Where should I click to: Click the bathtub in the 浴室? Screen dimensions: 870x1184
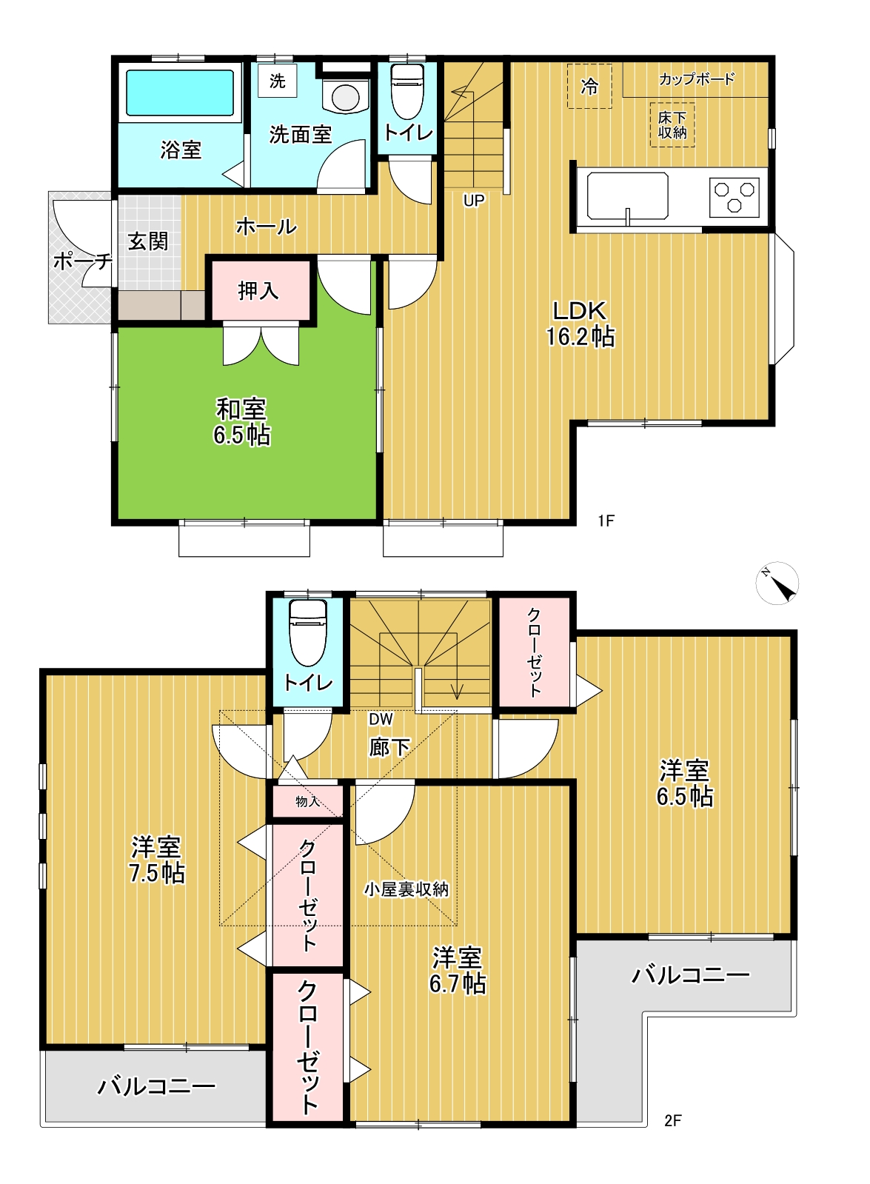pos(180,93)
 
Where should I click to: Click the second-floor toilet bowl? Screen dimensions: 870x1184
pos(308,633)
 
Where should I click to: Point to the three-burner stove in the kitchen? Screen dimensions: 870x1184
pos(734,198)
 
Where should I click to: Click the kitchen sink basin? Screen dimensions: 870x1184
pos(626,195)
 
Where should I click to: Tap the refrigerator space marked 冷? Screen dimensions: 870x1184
pos(589,86)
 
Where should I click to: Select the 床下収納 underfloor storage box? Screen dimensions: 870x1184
pos(672,124)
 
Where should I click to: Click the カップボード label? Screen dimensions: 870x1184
pos(697,79)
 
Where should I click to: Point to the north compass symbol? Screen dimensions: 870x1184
pos(777,583)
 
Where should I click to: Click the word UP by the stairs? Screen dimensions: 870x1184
pos(474,201)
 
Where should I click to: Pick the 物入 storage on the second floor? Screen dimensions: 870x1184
pos(307,801)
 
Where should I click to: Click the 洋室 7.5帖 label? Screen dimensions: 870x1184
pos(157,860)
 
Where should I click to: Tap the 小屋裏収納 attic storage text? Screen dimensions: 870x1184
pos(406,889)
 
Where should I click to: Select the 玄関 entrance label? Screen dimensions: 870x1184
pos(148,241)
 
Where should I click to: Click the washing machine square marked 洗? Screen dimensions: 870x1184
pos(278,81)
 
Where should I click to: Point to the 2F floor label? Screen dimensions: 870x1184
pos(673,1120)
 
